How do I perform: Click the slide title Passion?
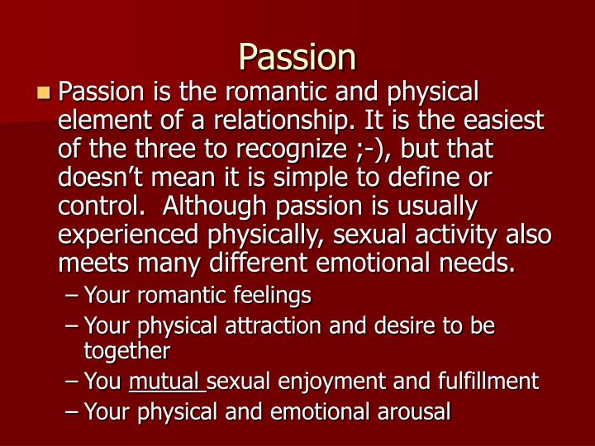point(297,57)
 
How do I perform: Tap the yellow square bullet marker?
point(44,92)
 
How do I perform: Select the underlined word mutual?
point(166,381)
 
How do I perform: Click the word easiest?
point(503,121)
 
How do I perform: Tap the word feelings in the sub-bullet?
point(272,294)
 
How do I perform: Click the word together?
point(126,350)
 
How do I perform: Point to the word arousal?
point(409,410)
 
